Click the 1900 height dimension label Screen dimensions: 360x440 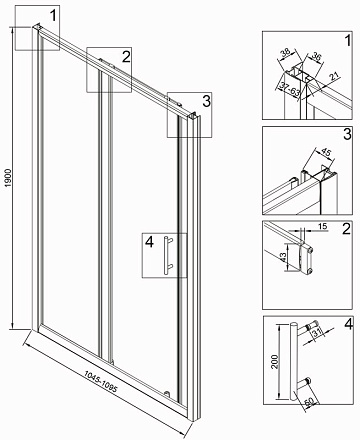(8, 178)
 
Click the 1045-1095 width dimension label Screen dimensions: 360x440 (100, 381)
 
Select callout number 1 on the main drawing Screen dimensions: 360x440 (53, 15)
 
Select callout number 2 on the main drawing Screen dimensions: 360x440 (126, 57)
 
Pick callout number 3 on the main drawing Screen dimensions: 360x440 (207, 101)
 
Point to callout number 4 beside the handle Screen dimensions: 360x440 (149, 242)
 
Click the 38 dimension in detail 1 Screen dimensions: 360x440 (286, 53)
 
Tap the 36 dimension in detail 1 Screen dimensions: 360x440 (316, 57)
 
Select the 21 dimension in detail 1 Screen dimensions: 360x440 (335, 76)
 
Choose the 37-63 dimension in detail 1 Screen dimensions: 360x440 (290, 89)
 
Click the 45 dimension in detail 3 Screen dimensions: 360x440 (326, 152)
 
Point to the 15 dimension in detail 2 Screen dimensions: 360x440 (322, 227)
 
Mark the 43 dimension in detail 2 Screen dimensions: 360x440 (282, 257)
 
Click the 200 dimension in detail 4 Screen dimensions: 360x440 (274, 361)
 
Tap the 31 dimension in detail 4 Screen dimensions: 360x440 (317, 332)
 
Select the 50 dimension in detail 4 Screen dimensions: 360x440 (309, 402)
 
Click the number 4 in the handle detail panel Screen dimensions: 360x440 (348, 324)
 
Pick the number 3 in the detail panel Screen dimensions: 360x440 (347, 134)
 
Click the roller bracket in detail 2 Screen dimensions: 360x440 (306, 259)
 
